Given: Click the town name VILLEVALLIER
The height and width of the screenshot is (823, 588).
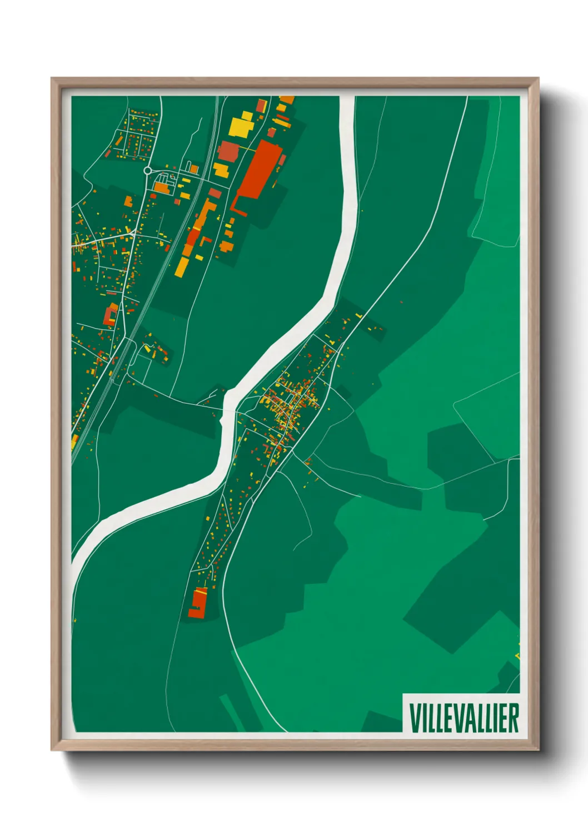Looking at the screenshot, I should point(464,718).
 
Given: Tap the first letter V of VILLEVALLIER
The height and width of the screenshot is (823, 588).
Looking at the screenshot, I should point(414,718).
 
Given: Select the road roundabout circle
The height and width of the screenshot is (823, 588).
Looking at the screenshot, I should point(147,171).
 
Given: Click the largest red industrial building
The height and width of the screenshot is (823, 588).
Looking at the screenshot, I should point(259,170).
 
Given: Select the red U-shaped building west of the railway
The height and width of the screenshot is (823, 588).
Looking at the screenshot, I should point(111,314).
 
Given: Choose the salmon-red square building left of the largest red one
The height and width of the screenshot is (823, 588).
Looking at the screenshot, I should point(228,151).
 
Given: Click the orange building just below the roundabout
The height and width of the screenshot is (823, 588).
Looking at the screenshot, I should point(161,188).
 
